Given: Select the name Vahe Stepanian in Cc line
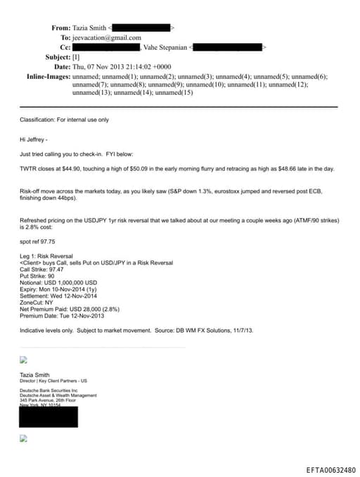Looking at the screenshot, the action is click(x=165, y=47).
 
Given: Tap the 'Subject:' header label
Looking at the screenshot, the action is click(x=58, y=56).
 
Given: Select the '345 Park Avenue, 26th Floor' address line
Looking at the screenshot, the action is click(x=53, y=400).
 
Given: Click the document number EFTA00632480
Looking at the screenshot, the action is click(x=330, y=469).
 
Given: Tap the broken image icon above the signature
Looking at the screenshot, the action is click(x=23, y=359).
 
